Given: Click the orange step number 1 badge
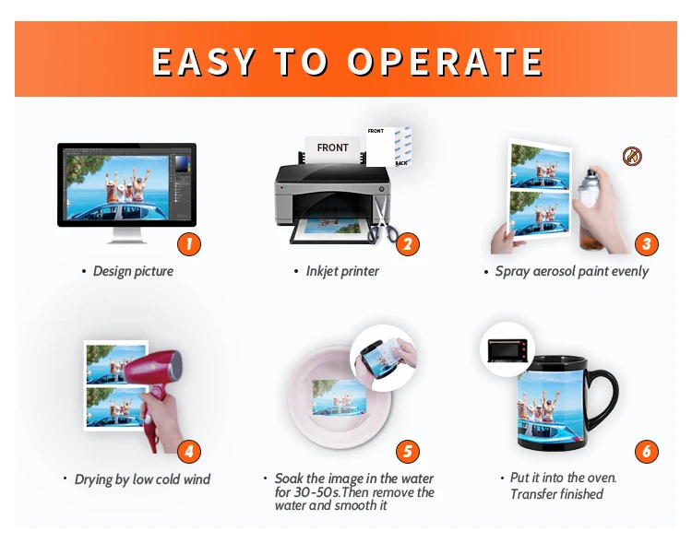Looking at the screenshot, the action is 189,244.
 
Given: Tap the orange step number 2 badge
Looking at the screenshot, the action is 407,244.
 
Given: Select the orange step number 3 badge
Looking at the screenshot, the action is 647,244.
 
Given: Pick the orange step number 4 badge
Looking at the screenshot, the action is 189,451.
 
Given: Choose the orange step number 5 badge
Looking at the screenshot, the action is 407,451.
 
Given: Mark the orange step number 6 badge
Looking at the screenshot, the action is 647,451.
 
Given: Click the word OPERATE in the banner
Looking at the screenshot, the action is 446,62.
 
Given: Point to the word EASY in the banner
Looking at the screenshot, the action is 204,62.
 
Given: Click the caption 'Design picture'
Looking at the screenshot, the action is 133,271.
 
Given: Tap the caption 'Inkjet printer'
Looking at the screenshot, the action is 342,271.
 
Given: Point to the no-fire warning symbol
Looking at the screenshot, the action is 632,156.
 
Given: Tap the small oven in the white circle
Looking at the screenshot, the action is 507,350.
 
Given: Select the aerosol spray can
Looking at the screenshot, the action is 589,207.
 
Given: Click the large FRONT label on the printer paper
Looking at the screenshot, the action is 333,148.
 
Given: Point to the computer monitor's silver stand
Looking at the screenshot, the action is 126,235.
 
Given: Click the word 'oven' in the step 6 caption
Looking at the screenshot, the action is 601,478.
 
